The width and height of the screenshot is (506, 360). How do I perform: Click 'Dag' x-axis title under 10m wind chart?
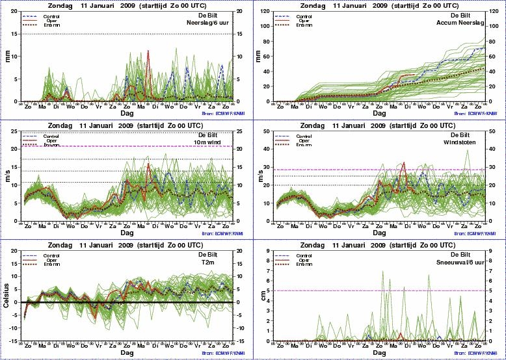[x=126, y=232]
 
